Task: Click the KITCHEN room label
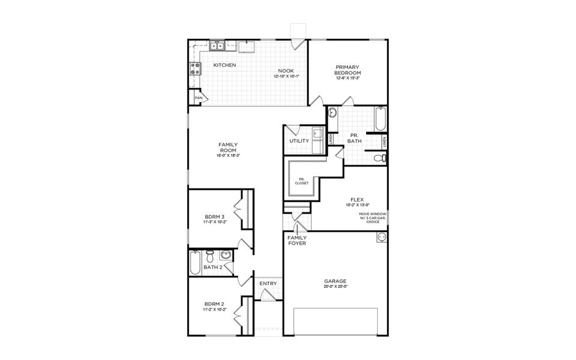click(x=224, y=65)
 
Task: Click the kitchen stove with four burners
click(x=195, y=69)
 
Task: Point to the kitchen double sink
click(x=217, y=46)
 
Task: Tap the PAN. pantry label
click(x=199, y=98)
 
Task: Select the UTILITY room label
click(x=299, y=141)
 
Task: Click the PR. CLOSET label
click(x=301, y=181)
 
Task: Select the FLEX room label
click(x=358, y=200)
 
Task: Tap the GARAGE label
click(x=335, y=281)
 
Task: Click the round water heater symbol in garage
click(x=380, y=238)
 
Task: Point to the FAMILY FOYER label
click(x=297, y=241)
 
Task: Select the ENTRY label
click(x=268, y=284)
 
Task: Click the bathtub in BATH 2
click(x=195, y=262)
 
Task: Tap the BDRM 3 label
click(x=214, y=217)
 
